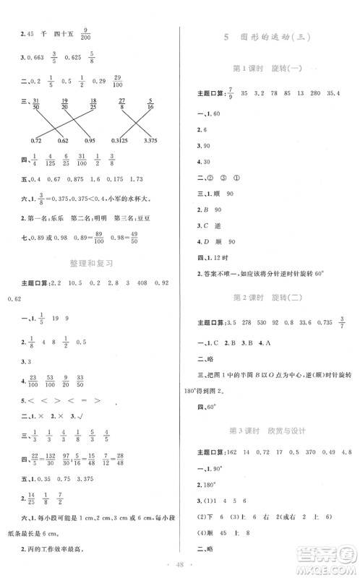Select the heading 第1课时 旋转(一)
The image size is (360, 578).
coord(270,69)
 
